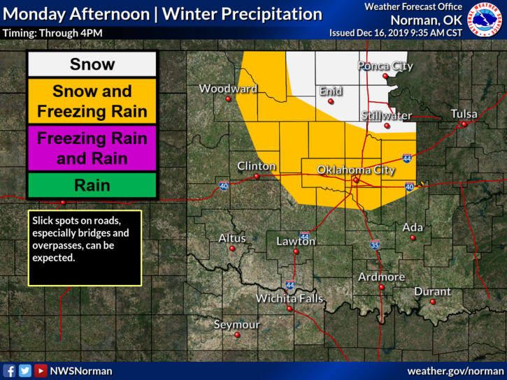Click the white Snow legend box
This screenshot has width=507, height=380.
coord(92,65)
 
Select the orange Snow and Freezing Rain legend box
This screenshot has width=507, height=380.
coord(92,101)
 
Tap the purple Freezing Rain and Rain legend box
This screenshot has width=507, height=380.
coord(92,148)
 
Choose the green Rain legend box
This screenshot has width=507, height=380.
coord(92,185)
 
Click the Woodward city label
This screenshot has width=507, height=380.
coord(228,89)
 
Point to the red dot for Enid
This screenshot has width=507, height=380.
coord(331,101)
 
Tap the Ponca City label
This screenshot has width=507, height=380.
coord(385,66)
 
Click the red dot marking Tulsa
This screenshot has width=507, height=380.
coord(463,124)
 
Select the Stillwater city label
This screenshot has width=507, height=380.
coord(387,115)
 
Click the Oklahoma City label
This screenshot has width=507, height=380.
coord(356,170)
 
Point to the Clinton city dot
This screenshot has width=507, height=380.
coord(257,177)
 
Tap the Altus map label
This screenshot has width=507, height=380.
coord(232,238)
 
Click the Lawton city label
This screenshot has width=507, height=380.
coord(296,242)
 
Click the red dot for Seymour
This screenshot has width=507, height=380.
coord(237,335)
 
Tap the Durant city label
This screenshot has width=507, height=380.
coord(432,291)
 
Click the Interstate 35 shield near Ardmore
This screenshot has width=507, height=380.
coord(375,245)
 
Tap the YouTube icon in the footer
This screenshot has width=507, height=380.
coord(41,371)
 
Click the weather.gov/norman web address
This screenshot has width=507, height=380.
coord(455,371)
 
